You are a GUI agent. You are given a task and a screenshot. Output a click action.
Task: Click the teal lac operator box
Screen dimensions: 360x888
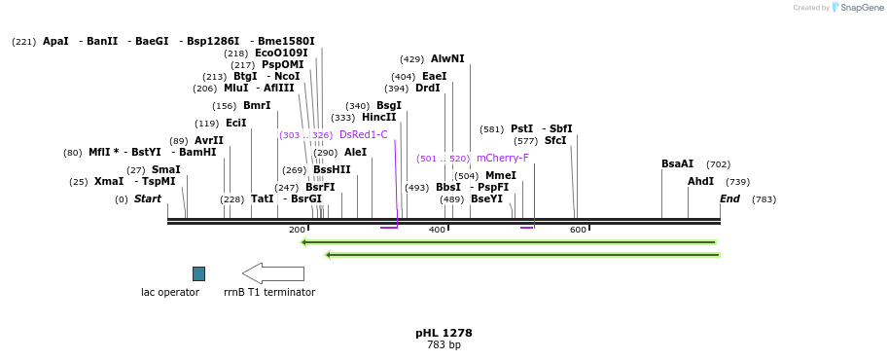pos(198,273)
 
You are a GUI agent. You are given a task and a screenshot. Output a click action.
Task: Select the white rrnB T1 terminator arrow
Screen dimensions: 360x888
pos(273,273)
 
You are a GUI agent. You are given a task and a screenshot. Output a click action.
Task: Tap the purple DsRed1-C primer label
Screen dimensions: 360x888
pos(363,135)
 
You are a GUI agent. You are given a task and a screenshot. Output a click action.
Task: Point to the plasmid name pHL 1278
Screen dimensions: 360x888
pos(444,333)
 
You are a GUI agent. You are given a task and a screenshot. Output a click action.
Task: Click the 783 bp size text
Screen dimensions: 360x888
pos(444,345)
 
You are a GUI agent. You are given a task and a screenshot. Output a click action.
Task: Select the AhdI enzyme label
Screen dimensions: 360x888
pos(700,182)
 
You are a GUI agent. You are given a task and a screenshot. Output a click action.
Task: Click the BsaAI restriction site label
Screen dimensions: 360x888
pos(677,164)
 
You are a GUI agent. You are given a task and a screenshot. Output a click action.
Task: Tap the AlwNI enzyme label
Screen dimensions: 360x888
pos(447,59)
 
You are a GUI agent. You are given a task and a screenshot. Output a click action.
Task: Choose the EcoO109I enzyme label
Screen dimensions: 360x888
pos(281,54)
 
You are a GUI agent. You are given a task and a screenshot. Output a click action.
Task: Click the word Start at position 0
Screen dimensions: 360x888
pos(148,199)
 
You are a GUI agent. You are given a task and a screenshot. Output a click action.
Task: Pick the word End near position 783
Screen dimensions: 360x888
pos(729,199)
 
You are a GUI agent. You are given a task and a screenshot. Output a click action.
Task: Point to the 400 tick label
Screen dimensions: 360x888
pos(437,231)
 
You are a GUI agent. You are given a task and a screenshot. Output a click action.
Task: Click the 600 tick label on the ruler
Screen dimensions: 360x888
pos(578,231)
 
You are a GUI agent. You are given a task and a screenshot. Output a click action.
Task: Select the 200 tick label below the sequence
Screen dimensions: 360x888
pos(297,231)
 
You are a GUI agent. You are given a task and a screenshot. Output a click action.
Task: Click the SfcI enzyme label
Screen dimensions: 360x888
pos(554,141)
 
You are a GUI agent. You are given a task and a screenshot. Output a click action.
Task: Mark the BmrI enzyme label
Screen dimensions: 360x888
pos(257,106)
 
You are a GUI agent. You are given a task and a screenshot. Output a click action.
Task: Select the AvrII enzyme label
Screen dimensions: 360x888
pos(209,141)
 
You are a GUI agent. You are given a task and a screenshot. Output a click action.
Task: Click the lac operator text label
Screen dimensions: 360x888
pos(170,292)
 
